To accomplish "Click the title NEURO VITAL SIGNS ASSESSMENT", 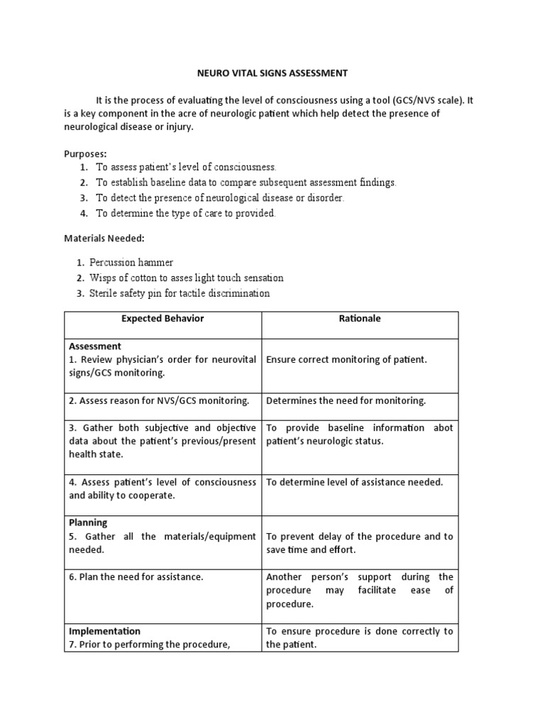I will [272, 72].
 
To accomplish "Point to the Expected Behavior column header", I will [163, 318].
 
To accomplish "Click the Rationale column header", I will [360, 318].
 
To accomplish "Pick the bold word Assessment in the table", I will [95, 346].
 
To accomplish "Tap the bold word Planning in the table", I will [88, 523].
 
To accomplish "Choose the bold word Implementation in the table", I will [104, 630].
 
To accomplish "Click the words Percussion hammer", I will [131, 263].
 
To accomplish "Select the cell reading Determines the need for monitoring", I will [346, 400].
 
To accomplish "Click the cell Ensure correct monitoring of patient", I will [346, 359].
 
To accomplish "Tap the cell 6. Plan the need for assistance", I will [136, 576].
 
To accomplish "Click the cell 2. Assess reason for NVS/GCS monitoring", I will [159, 400].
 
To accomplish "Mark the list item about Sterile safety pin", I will [180, 293].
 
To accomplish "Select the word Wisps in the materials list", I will [103, 278].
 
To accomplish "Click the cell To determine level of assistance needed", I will [354, 482].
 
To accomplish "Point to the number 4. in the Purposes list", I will [84, 213].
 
